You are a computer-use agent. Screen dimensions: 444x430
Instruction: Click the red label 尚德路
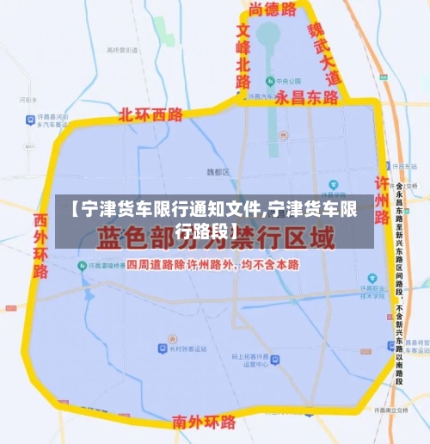[x=272, y=9]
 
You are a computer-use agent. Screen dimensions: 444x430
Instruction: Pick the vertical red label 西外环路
[x=40, y=244]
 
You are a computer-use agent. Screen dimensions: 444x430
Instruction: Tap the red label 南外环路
[x=204, y=422]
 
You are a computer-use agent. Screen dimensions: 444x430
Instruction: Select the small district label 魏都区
[x=218, y=172]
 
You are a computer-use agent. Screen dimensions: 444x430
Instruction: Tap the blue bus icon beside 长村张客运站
[x=162, y=348]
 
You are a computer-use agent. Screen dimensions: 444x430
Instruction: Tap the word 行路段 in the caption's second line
[x=210, y=231]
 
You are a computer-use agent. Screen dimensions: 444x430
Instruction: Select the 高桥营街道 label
[x=123, y=51]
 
